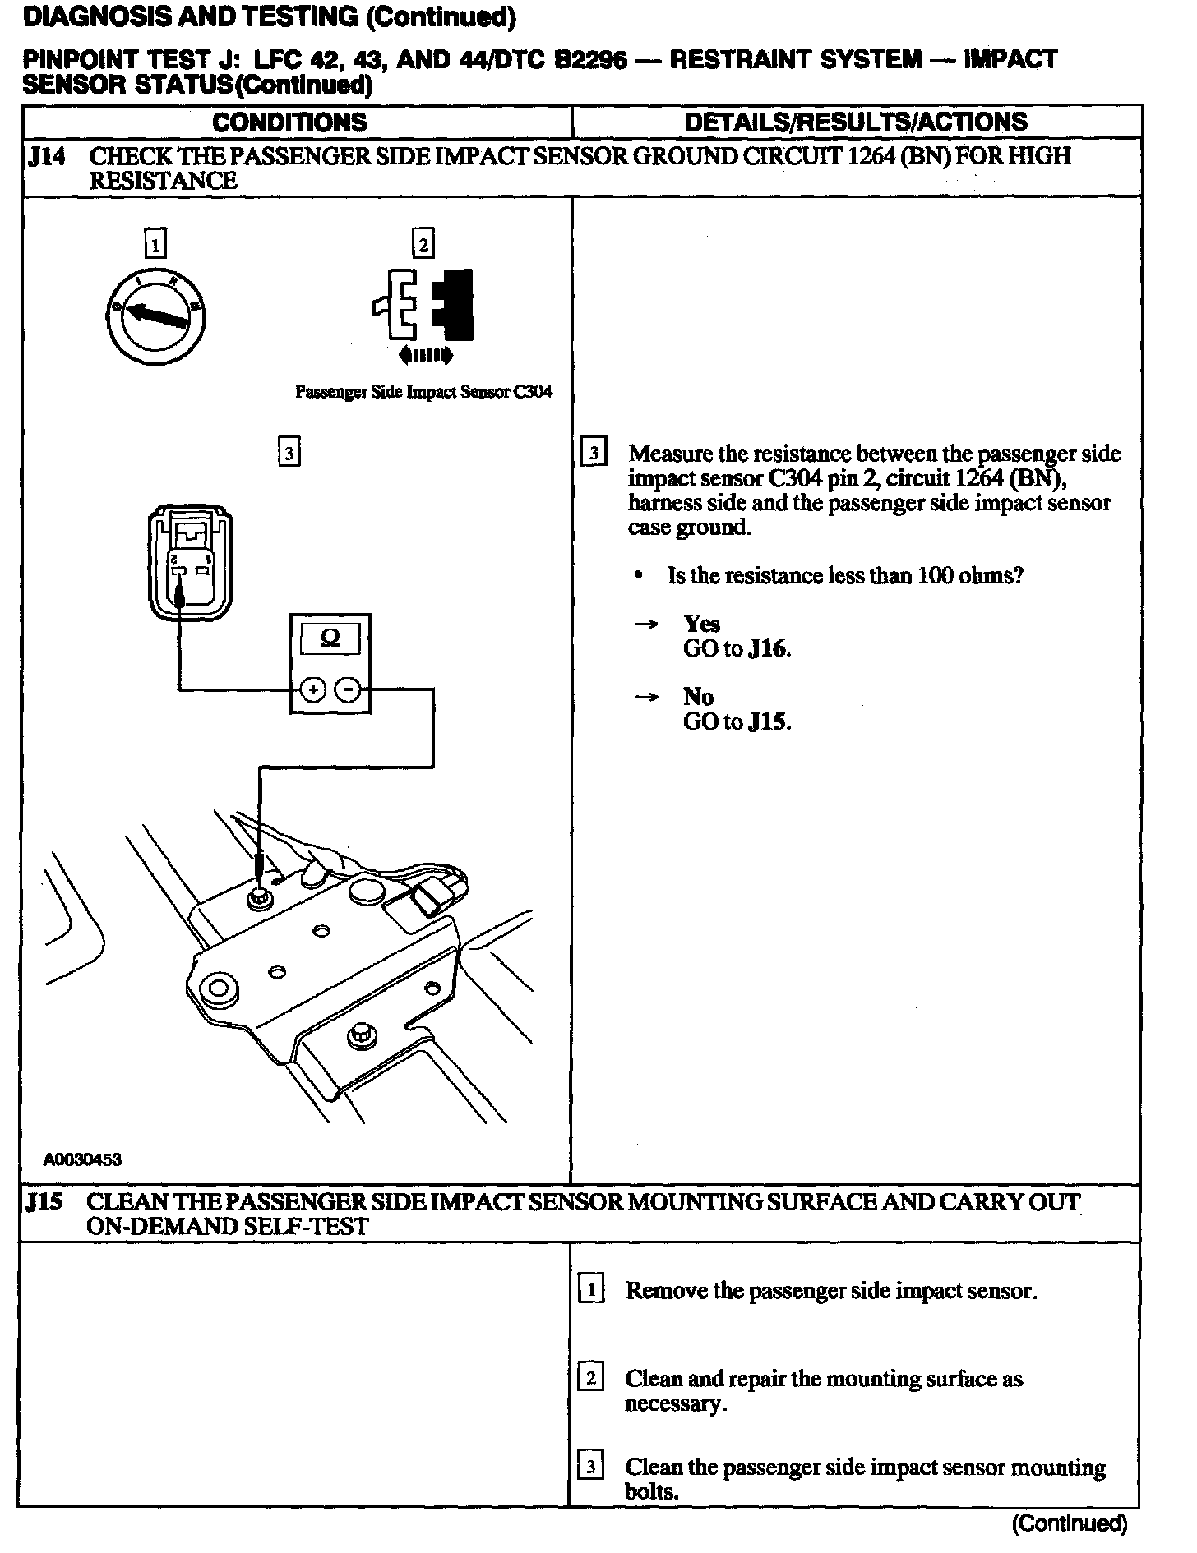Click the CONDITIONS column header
coord(289,122)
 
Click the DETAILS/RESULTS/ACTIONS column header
coord(856,122)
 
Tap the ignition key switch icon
coord(155,316)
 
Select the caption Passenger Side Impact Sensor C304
coord(423,392)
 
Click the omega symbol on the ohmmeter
coord(330,638)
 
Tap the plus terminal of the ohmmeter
coord(312,690)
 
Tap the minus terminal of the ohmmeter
coord(349,690)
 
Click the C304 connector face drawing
coord(190,565)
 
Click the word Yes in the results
coord(701,624)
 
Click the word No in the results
coord(698,697)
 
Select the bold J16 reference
coord(769,649)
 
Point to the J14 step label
coord(46,156)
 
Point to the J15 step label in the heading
coord(44,1203)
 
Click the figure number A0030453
coord(82,1159)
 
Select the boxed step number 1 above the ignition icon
coord(155,244)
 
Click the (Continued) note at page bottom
coord(1069,1524)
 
